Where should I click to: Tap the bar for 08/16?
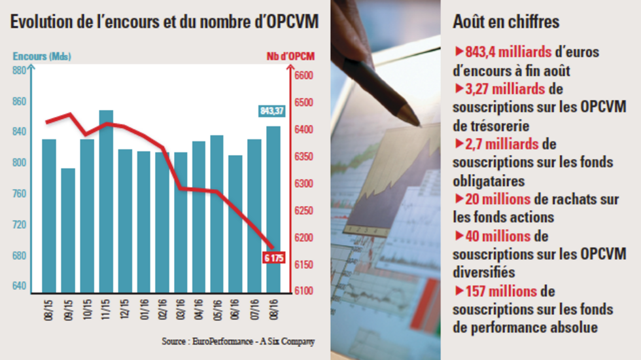click(274, 209)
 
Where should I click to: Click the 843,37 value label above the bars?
click(271, 111)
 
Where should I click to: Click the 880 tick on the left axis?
click(19, 71)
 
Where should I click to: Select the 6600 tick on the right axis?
click(304, 76)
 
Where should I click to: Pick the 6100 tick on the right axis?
click(304, 291)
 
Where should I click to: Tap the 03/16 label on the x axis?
click(181, 308)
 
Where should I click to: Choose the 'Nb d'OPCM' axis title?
click(291, 56)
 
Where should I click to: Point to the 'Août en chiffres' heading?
click(506, 22)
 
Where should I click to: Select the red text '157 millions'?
click(500, 291)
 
